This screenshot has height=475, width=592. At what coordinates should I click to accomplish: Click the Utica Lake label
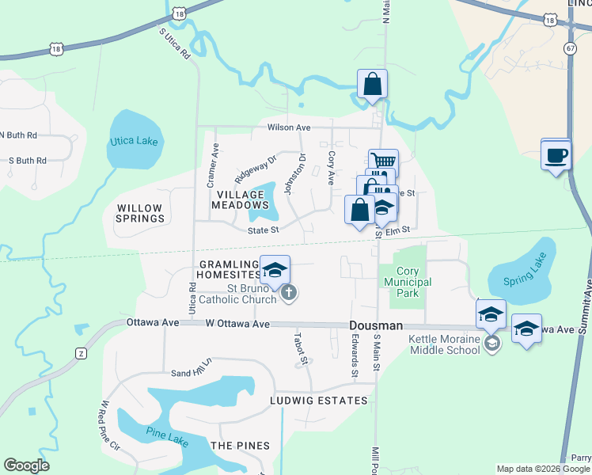click(134, 142)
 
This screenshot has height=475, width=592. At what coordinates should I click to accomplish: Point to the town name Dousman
click(378, 326)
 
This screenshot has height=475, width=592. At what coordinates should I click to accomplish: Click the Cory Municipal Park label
click(404, 283)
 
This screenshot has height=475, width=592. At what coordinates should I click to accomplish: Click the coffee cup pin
click(556, 154)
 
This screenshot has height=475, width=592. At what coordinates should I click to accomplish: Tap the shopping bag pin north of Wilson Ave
click(372, 83)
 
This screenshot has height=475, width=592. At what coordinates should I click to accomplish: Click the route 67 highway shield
click(570, 48)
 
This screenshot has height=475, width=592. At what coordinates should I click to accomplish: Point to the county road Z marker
click(81, 353)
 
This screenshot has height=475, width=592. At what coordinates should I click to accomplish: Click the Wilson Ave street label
click(289, 127)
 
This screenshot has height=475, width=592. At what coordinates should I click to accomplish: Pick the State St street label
click(264, 230)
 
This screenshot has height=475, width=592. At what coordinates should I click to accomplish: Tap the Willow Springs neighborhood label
click(140, 213)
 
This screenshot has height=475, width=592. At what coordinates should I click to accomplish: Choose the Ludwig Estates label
click(320, 401)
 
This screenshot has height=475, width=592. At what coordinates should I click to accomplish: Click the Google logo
click(27, 465)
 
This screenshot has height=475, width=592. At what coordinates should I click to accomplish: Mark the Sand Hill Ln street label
click(192, 367)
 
